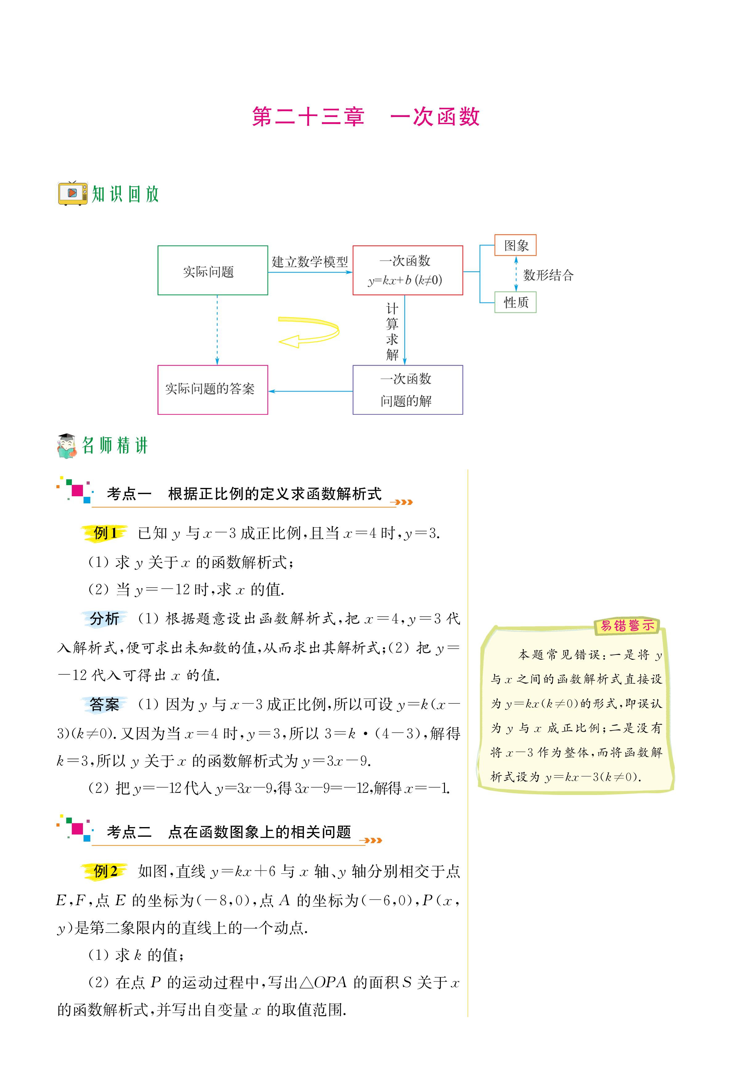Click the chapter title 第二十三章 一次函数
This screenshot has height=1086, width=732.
365,117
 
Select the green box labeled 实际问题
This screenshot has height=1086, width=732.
212,270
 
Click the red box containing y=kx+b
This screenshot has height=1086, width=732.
408,270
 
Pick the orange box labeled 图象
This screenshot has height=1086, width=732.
515,245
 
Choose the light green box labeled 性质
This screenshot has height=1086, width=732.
515,302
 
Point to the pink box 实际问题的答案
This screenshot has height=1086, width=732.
212,389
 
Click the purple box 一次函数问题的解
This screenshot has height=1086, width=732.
408,389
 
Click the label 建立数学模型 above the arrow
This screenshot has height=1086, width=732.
310,262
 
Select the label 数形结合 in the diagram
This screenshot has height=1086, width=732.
548,275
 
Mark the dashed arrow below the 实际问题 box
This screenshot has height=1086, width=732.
217,330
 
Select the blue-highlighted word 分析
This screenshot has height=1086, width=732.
105,619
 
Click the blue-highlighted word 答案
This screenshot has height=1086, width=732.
105,704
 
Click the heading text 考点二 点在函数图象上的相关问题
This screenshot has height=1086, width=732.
229,832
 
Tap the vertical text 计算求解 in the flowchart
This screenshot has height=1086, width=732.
392,332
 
